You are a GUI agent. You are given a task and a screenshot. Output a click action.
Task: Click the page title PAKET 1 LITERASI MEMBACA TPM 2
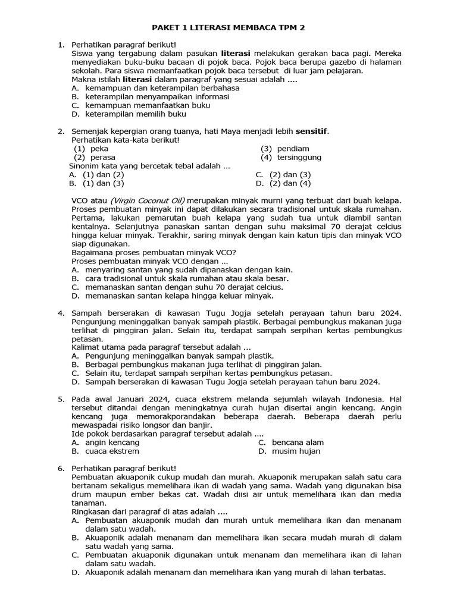[x=228, y=27]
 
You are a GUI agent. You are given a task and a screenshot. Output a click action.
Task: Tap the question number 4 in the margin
[x=60, y=313]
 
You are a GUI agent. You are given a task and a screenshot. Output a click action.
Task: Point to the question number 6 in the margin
[x=60, y=469]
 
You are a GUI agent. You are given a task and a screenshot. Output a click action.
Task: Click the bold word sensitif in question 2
[x=312, y=131]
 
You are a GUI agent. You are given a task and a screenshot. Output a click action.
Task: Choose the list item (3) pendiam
[x=285, y=149]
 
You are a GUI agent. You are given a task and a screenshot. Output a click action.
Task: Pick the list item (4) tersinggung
[x=291, y=157]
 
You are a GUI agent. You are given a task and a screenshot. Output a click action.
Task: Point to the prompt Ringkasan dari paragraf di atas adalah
[x=149, y=511]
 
